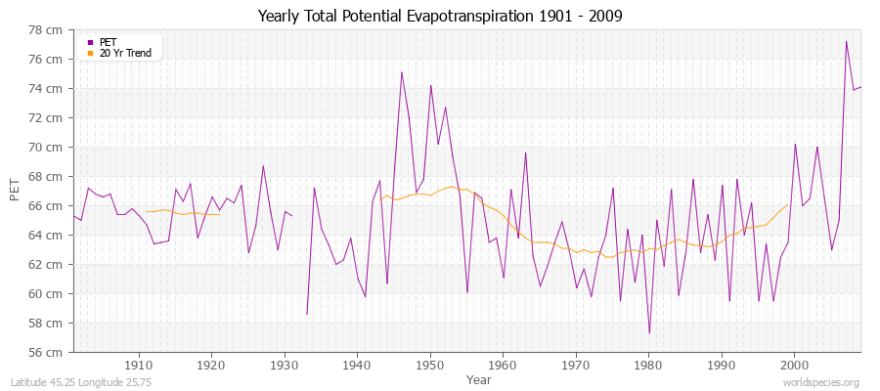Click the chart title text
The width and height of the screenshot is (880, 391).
coord(439,16)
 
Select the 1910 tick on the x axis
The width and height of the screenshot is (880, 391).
coord(138,365)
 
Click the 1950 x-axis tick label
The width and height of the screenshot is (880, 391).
coord(430,365)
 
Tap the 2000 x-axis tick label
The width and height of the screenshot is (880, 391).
coord(795,365)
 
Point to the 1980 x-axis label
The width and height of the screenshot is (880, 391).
coord(649,365)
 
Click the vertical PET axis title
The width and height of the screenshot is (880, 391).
coord(15,191)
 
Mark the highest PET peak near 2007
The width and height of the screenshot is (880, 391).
coord(846,41)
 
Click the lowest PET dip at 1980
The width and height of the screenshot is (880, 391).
coord(649,333)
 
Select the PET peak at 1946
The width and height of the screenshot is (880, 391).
coord(401,71)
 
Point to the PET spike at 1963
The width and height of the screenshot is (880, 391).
coord(525,152)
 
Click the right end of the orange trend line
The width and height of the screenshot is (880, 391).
coord(788,204)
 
